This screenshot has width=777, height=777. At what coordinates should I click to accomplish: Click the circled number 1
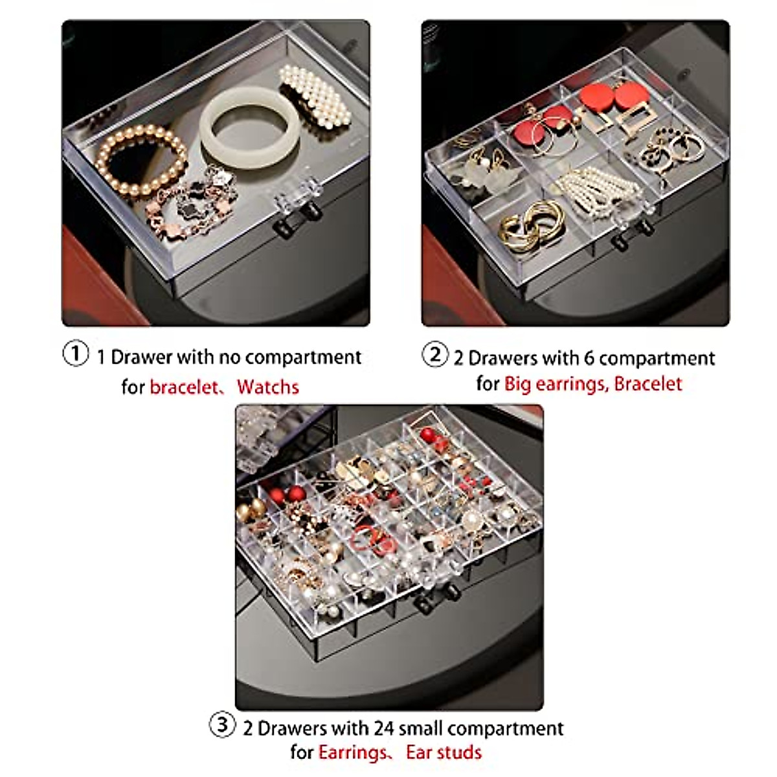pyautogui.click(x=76, y=355)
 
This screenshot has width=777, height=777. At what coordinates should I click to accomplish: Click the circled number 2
pyautogui.click(x=435, y=355)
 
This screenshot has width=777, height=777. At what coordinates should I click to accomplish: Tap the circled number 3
pyautogui.click(x=222, y=725)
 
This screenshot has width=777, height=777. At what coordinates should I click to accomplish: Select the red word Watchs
pyautogui.click(x=267, y=387)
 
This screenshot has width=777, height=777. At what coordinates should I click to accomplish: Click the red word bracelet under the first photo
pyautogui.click(x=185, y=387)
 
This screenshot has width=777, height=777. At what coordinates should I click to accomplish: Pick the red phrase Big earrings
pyautogui.click(x=556, y=384)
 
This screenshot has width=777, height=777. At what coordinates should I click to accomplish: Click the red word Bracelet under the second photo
pyautogui.click(x=648, y=384)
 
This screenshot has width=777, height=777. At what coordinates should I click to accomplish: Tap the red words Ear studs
pyautogui.click(x=444, y=752)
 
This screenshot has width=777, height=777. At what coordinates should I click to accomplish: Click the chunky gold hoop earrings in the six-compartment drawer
pyautogui.click(x=530, y=226)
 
